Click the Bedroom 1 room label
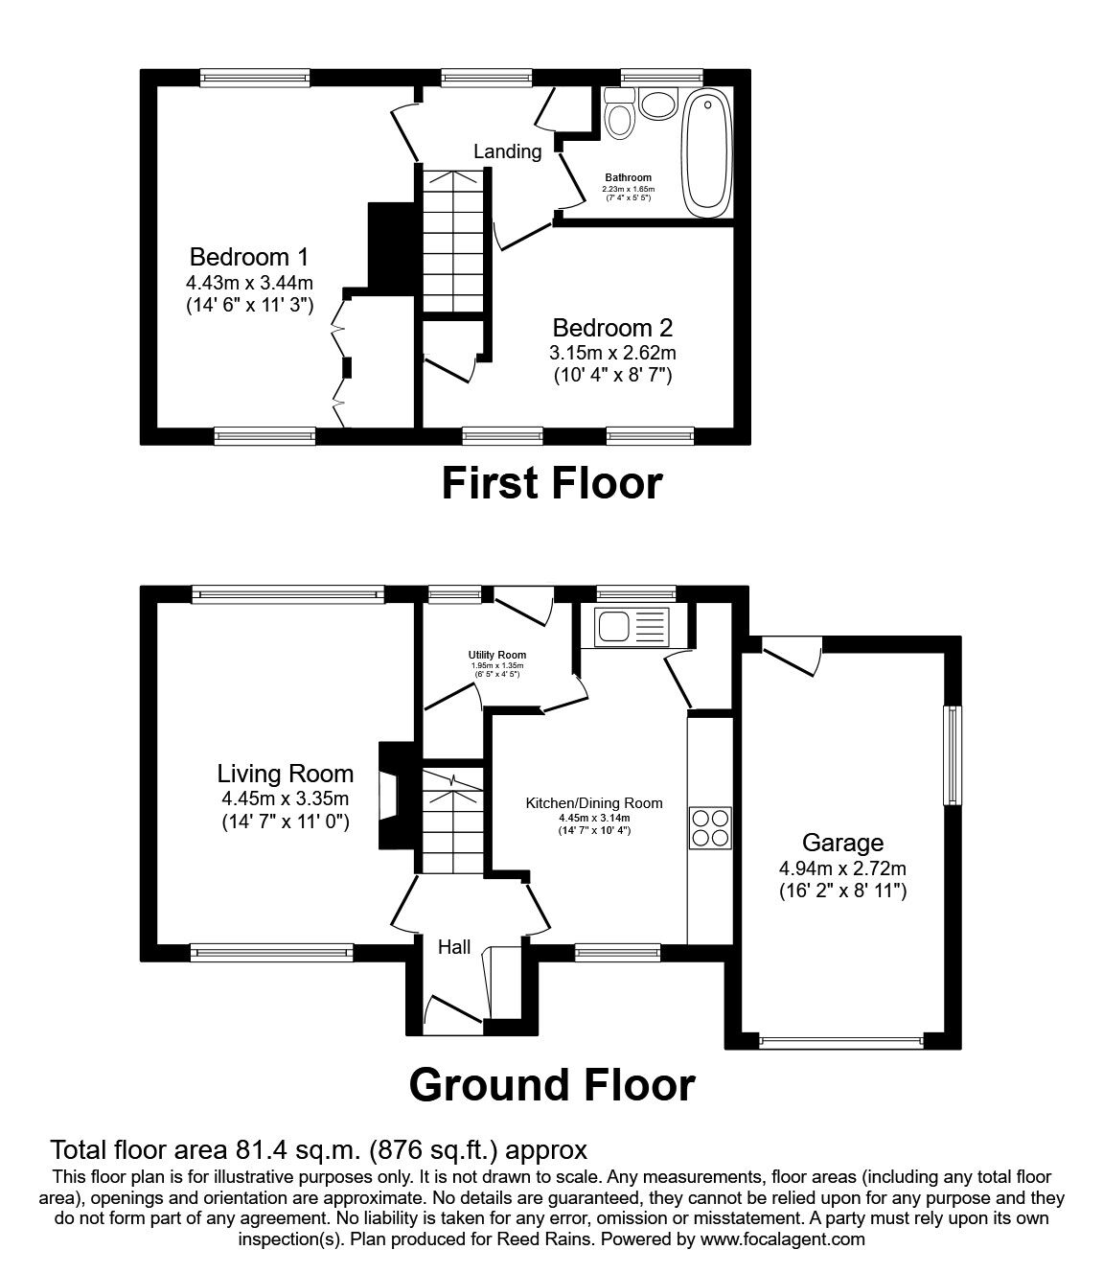(x=249, y=257)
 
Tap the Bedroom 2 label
(x=612, y=328)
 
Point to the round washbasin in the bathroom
(x=658, y=103)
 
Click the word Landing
(x=508, y=151)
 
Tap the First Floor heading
(x=552, y=484)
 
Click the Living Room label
(x=286, y=774)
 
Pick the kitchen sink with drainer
(x=632, y=627)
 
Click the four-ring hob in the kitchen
(x=710, y=828)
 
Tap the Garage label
(x=842, y=843)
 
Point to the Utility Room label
(x=497, y=655)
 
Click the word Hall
(x=454, y=947)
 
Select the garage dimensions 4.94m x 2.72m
(x=842, y=868)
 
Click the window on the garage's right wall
(x=953, y=755)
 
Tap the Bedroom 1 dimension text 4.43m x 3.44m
(x=249, y=283)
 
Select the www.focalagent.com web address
(x=783, y=1239)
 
